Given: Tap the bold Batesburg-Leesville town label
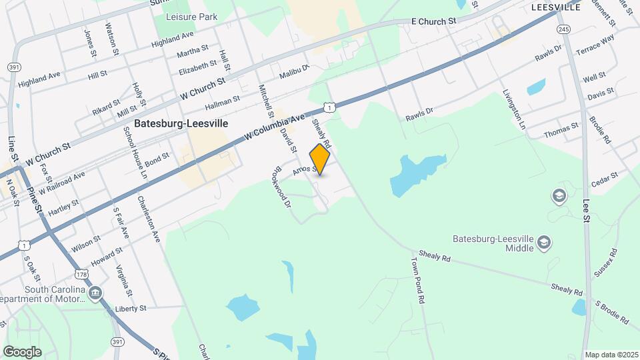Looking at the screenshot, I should pos(181,123).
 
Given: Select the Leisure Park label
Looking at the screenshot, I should pos(191,16).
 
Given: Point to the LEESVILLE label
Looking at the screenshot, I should pos(556,7).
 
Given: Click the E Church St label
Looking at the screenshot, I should pos(433,21).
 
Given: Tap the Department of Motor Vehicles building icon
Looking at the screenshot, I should pos(95,292).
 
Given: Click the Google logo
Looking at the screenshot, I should pos(22,351).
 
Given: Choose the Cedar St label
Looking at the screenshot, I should pos(605,179).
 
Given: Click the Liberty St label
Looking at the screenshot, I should pos(130,309).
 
